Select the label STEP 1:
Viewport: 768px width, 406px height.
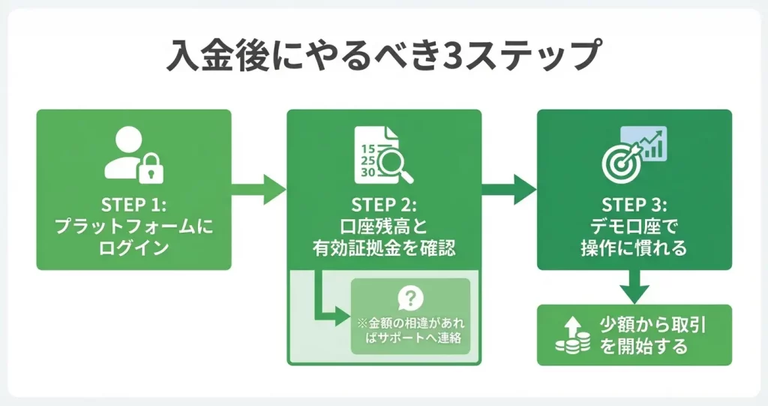133,205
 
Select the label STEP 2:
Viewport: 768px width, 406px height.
383,205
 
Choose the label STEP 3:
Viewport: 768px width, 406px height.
634,205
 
